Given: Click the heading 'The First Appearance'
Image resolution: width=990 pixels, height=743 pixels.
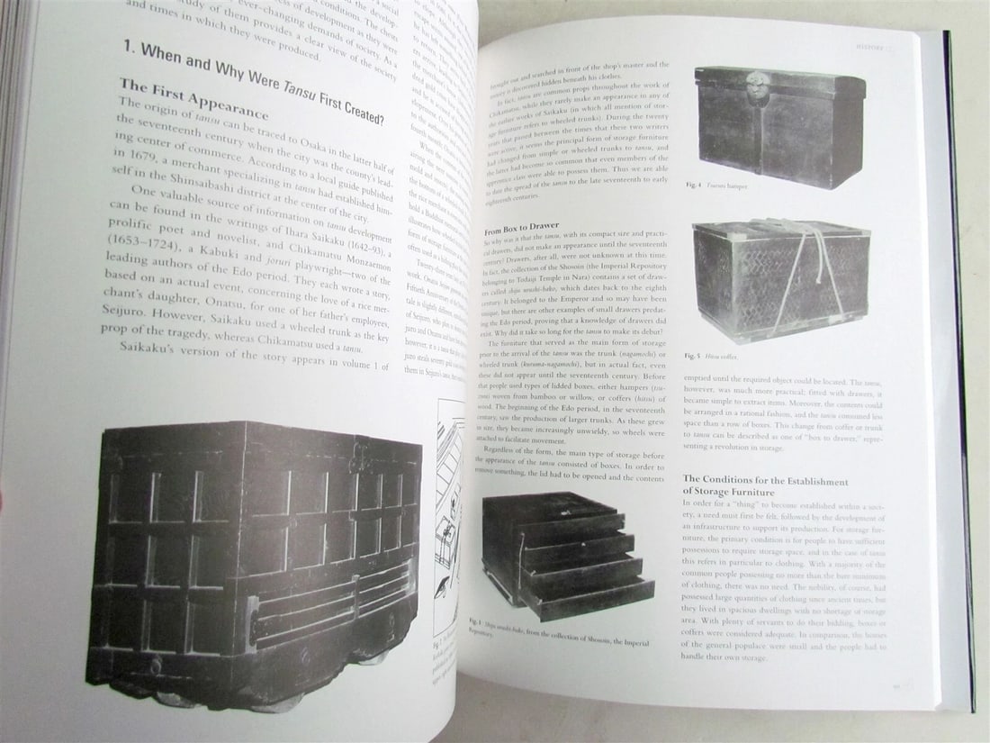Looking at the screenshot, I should click(x=194, y=100).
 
